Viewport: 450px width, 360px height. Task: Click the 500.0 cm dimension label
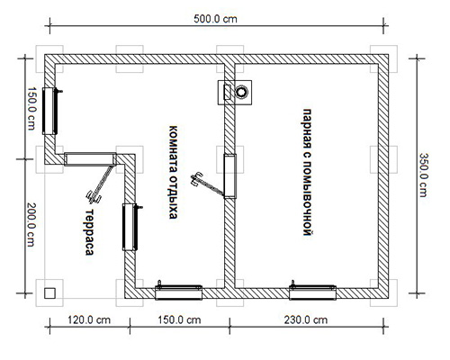point(215,19)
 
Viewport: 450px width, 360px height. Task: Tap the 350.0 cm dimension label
point(423,175)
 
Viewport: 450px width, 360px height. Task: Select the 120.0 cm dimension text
point(89,319)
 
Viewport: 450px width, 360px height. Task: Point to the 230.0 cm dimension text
point(306,319)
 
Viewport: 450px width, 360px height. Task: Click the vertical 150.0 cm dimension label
point(31,109)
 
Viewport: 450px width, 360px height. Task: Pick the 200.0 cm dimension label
point(31,225)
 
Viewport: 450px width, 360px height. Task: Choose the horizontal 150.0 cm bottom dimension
point(179,319)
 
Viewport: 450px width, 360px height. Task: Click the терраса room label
point(89,232)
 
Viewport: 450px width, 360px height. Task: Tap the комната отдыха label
point(173,172)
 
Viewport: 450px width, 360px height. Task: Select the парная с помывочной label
point(307,172)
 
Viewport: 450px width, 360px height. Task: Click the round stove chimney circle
point(241,92)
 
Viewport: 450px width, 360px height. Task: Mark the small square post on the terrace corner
point(49,293)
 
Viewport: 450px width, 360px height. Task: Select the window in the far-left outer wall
point(49,111)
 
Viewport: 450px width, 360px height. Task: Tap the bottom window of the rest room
point(179,292)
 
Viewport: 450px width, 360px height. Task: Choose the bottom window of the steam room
point(312,292)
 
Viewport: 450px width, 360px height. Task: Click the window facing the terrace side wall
point(130,227)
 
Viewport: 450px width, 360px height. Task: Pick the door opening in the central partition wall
point(230,176)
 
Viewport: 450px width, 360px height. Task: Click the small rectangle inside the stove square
point(228,92)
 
